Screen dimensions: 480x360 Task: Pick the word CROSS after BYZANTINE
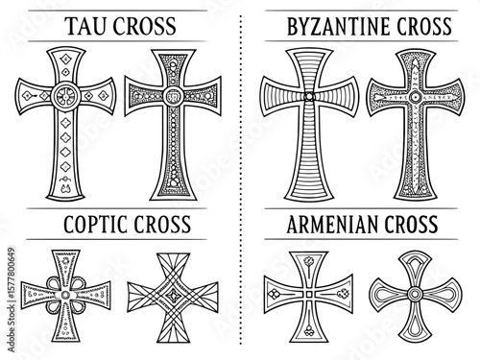401,26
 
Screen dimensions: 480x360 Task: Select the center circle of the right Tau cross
174,96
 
